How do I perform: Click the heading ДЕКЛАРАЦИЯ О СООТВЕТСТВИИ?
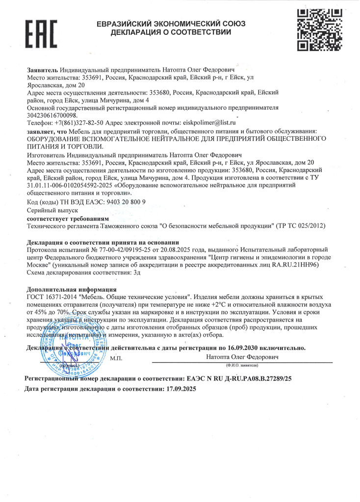pyautogui.click(x=171, y=32)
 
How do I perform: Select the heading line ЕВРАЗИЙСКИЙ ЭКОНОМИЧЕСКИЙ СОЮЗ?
pyautogui.click(x=171, y=24)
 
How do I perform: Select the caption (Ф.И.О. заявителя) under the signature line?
pyautogui.click(x=228, y=365)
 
